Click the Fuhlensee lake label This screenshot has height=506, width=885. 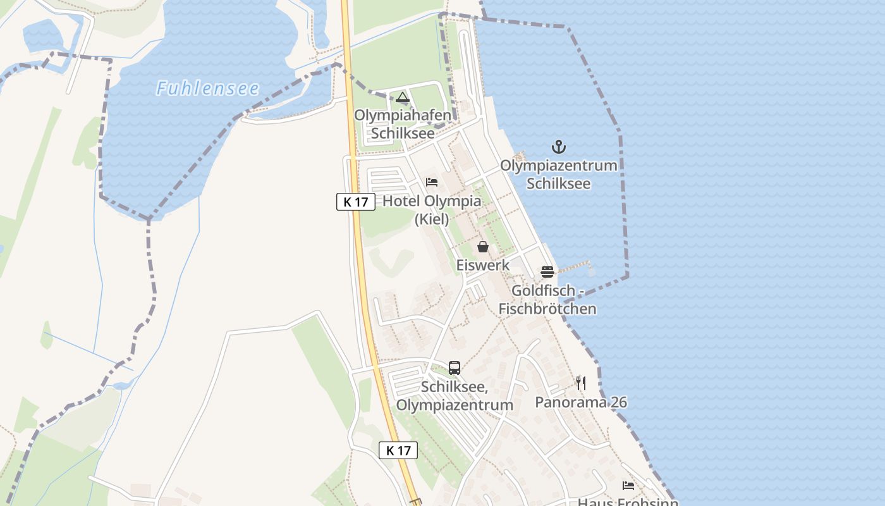[208, 88]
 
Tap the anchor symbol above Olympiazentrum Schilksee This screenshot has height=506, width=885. [559, 147]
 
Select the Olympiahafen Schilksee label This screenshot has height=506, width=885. [403, 124]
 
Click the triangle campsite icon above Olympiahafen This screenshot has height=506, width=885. [403, 97]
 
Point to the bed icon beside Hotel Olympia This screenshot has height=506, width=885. [432, 182]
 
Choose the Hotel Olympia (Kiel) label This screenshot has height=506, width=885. [432, 210]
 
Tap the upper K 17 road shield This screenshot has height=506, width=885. [356, 202]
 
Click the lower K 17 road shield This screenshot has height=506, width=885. [398, 450]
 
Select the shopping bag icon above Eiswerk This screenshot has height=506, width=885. [483, 246]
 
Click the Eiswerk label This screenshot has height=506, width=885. [483, 265]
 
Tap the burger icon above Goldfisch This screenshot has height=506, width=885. [547, 272]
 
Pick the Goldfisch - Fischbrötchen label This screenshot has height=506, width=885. [547, 300]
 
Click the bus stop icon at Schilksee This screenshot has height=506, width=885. [455, 367]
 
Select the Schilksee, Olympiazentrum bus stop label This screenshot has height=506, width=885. [455, 395]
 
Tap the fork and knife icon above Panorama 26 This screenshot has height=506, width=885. [581, 383]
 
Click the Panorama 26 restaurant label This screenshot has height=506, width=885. [581, 402]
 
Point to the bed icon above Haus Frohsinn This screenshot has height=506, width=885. [628, 485]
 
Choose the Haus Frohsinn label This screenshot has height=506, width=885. [628, 502]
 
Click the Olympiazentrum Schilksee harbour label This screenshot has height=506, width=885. [559, 175]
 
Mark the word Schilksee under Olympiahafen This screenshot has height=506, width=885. [403, 133]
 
